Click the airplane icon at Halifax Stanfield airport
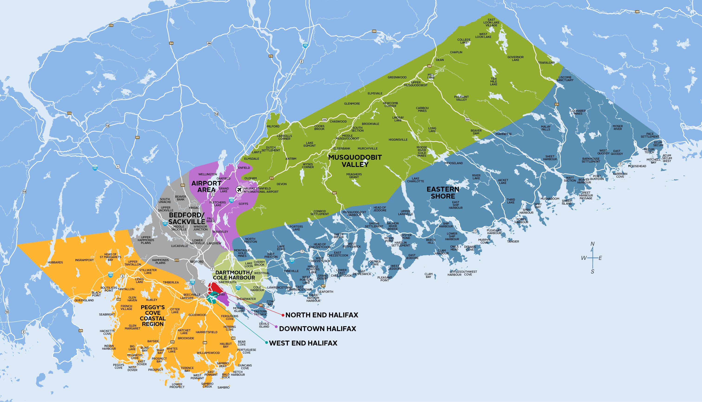point(239,190)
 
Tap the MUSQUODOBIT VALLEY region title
point(355,161)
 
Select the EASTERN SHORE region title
point(443,193)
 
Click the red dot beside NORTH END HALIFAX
point(283,315)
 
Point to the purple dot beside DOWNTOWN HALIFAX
point(276,327)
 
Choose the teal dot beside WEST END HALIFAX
point(266,343)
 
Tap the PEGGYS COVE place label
point(119,366)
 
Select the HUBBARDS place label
point(55,262)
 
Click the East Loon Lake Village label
point(491,23)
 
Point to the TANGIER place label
point(513,242)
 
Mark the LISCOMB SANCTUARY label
point(565,79)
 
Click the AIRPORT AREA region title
point(206,186)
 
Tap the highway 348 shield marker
point(637,12)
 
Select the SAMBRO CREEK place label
point(207,385)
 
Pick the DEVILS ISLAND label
point(264,325)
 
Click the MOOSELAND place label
point(454,163)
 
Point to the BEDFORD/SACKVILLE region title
point(187,218)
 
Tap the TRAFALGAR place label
point(546,63)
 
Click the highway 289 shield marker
point(374,31)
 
